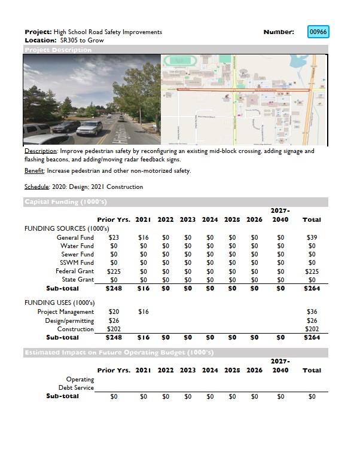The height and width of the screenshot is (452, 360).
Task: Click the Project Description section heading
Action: pos(58,50)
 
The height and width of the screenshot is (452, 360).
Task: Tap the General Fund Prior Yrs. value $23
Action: pos(114,237)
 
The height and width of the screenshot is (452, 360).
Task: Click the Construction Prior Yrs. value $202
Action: pos(114,329)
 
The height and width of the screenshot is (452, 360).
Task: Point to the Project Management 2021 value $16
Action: pos(144,311)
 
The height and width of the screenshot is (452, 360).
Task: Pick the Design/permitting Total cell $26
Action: pos(312,320)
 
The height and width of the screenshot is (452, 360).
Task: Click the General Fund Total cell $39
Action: pos(312,237)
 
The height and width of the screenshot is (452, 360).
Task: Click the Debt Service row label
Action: pos(76,387)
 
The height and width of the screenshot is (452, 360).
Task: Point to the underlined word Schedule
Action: pos(37,187)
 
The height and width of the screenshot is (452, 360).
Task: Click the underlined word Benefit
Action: pos(34,171)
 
